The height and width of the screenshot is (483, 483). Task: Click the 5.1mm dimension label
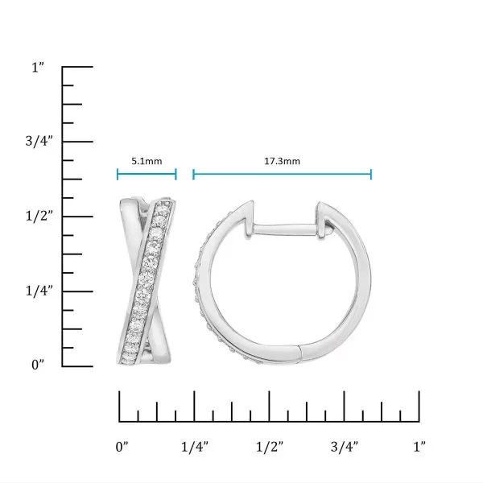click(x=147, y=161)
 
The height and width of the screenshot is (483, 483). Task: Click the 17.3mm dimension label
click(x=282, y=161)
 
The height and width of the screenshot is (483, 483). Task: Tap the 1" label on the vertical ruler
click(x=37, y=68)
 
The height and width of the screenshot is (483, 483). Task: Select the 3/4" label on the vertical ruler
click(x=39, y=142)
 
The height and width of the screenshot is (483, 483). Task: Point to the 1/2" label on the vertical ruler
click(x=39, y=216)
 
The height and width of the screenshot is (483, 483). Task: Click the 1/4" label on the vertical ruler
click(x=39, y=291)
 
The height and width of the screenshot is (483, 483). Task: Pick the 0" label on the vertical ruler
click(x=38, y=365)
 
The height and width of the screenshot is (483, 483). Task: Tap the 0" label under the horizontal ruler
click(x=122, y=445)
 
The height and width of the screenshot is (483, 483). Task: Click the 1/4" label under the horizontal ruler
click(x=195, y=445)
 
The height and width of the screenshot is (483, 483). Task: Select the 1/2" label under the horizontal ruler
click(x=270, y=445)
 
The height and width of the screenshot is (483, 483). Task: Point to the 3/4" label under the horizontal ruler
click(x=344, y=445)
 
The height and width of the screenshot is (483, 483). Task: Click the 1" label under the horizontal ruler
click(x=419, y=445)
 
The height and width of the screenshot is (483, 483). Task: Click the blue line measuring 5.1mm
click(x=147, y=175)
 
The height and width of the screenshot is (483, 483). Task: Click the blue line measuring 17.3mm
click(x=282, y=175)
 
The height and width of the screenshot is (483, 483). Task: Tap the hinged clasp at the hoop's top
click(x=325, y=217)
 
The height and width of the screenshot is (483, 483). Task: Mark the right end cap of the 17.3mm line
click(x=371, y=175)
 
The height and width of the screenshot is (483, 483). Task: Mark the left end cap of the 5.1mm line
click(x=118, y=175)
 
